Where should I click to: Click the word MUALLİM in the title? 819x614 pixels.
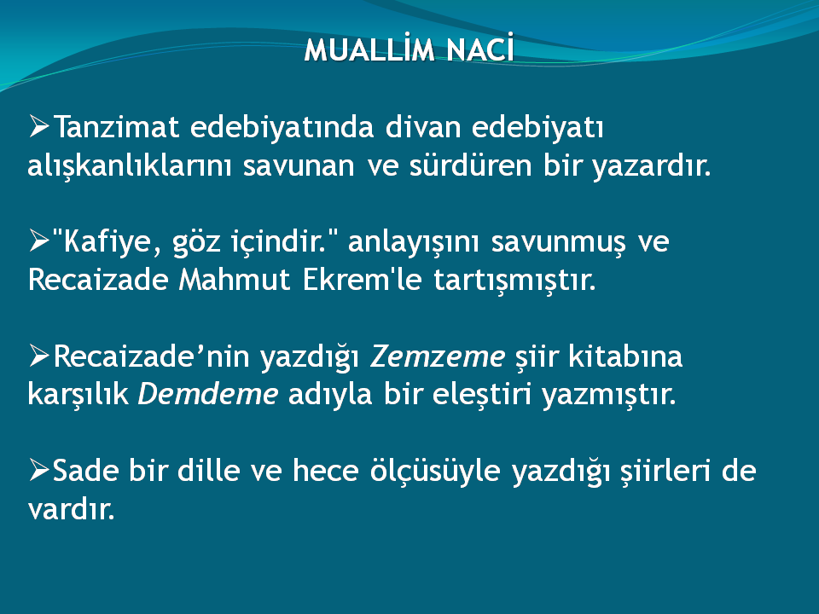click(x=369, y=49)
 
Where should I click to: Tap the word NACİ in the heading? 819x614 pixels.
click(x=480, y=49)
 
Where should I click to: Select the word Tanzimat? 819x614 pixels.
click(x=117, y=127)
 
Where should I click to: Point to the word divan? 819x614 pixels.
click(x=423, y=127)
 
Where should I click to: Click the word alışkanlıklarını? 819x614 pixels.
click(x=130, y=165)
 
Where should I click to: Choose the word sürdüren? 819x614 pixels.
click(x=470, y=165)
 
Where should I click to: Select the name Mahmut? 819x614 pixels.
click(x=235, y=280)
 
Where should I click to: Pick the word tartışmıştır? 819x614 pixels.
click(x=515, y=281)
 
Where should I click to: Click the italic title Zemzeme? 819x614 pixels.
click(x=437, y=356)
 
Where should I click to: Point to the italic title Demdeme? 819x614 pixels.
click(x=207, y=394)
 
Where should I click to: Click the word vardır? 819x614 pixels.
click(x=71, y=508)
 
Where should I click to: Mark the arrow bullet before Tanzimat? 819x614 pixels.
click(x=39, y=126)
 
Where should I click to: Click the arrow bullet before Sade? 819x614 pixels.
click(x=39, y=470)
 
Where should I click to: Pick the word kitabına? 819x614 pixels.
click(x=625, y=356)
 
